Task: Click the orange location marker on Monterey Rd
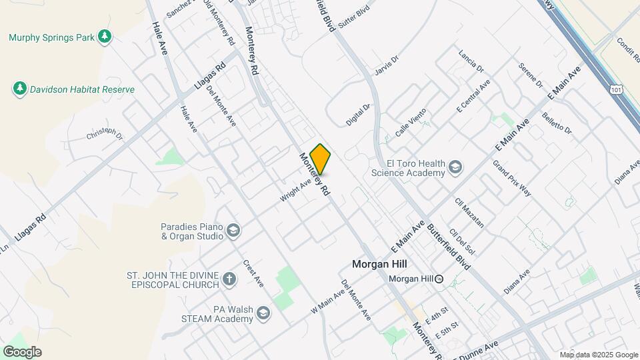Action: coord(321,159)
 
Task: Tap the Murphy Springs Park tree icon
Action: coord(104,37)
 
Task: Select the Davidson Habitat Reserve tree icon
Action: coord(20,89)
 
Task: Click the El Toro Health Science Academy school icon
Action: coord(455,167)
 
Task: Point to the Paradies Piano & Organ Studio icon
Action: coord(233,231)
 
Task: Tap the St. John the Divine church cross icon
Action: coord(229,279)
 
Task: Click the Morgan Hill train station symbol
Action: coord(439,279)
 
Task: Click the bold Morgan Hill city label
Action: coord(379,265)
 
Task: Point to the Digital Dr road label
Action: coord(357,114)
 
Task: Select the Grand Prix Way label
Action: coord(512,177)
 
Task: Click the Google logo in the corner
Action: coord(22,351)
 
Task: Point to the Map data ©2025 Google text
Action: coord(599,355)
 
